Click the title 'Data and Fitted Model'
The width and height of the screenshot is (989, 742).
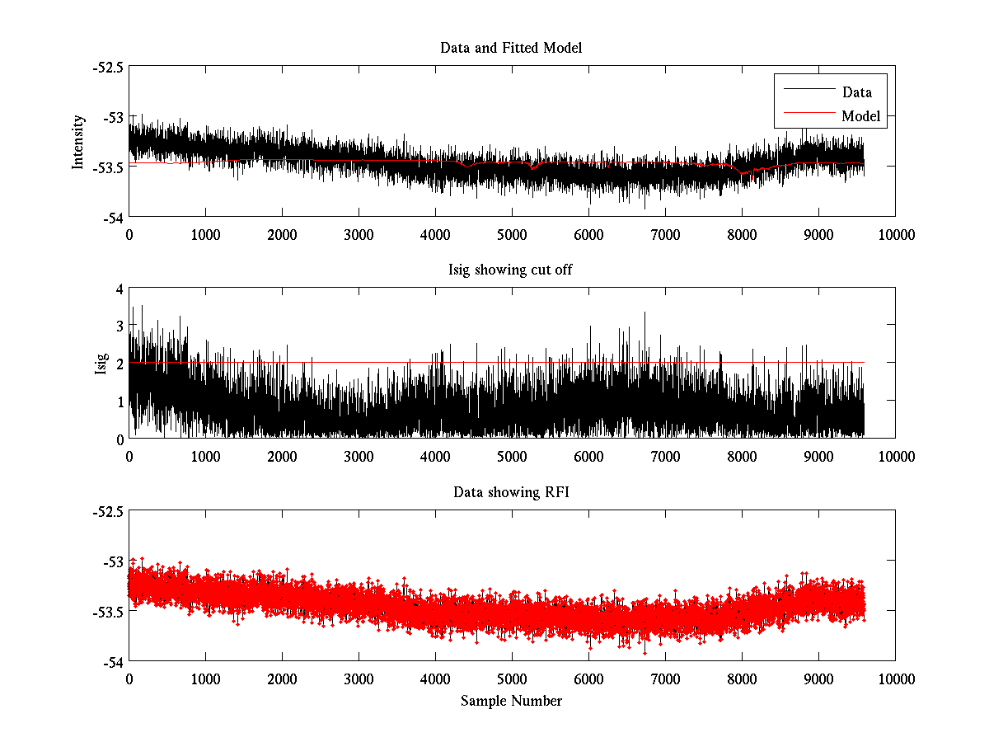click(511, 48)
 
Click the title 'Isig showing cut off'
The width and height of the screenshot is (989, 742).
click(511, 270)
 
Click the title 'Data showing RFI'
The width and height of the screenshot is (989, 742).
click(511, 492)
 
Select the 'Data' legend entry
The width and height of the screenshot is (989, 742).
click(856, 92)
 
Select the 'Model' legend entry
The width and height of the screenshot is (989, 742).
click(860, 116)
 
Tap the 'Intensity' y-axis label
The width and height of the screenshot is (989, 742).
click(78, 142)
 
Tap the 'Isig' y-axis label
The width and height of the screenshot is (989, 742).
click(101, 364)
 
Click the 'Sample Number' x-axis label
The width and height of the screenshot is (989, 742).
click(511, 701)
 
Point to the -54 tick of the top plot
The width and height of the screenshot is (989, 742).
click(111, 217)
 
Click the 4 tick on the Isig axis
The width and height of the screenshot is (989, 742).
click(119, 289)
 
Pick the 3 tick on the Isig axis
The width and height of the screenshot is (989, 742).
click(119, 326)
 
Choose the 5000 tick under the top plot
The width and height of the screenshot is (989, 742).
click(512, 234)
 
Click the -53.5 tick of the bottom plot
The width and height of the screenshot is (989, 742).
click(108, 612)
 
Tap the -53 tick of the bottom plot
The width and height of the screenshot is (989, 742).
click(111, 561)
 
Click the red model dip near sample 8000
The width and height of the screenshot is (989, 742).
click(743, 173)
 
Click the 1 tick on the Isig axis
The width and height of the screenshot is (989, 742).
click(119, 402)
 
